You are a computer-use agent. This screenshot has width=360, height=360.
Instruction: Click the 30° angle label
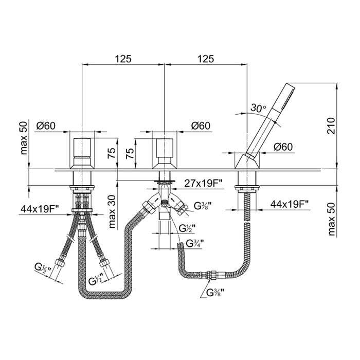click(x=258, y=107)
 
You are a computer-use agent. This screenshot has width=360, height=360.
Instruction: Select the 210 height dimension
click(x=331, y=125)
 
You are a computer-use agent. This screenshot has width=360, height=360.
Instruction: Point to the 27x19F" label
click(x=204, y=184)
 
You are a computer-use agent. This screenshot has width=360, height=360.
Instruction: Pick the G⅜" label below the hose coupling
click(x=215, y=292)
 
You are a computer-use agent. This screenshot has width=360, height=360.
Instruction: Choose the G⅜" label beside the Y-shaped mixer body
click(x=203, y=206)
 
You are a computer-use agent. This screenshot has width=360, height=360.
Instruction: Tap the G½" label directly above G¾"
click(x=187, y=228)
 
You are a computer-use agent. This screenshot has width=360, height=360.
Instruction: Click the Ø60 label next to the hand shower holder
click(x=283, y=147)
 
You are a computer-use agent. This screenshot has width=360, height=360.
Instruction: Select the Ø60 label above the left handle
click(x=46, y=125)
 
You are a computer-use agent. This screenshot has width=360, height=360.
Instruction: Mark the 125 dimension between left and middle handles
click(x=123, y=59)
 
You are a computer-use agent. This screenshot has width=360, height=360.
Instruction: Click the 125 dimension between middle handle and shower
click(x=206, y=59)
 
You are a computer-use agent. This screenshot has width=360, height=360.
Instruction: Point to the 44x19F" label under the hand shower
click(x=290, y=204)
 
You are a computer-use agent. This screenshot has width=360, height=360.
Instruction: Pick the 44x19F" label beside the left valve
click(x=40, y=208)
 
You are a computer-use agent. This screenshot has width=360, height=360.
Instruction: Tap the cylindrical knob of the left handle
click(x=82, y=147)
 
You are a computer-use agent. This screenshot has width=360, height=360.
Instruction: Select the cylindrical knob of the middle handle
click(x=165, y=147)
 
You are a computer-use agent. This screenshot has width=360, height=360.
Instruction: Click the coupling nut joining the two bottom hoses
click(x=209, y=274)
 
